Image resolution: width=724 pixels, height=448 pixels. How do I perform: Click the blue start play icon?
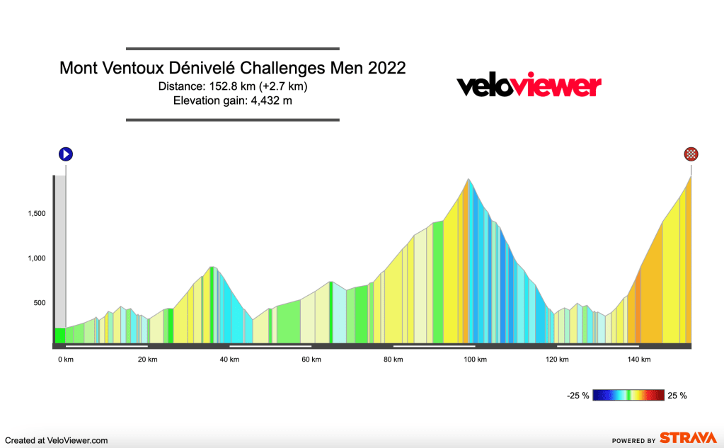click(66, 154)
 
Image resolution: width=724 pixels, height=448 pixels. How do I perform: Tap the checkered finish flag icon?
click(691, 154)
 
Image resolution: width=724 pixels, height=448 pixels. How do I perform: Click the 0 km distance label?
click(65, 360)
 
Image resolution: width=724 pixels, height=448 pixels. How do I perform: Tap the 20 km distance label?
click(147, 360)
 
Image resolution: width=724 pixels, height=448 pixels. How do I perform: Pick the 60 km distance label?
click(311, 360)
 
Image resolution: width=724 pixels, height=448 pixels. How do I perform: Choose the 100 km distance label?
click(475, 360)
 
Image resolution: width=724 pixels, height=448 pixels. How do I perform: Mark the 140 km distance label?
click(639, 360)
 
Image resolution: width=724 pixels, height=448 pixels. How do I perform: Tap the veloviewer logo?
click(529, 86)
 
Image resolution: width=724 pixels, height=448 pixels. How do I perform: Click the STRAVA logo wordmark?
click(684, 438)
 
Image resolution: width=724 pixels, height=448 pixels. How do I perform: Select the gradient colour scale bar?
click(628, 396)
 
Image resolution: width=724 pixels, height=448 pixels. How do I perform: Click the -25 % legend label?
click(578, 396)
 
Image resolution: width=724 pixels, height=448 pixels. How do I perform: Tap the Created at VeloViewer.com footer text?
click(57, 440)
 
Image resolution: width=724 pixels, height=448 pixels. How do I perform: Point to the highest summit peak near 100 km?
click(468, 180)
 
